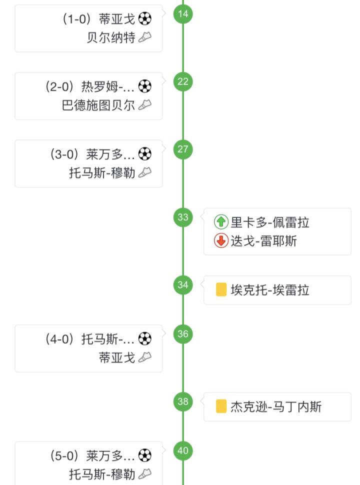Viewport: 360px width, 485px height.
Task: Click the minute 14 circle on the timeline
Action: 183,13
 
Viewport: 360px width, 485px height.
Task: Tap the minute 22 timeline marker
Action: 183,81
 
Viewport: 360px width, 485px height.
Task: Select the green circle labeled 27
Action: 183,149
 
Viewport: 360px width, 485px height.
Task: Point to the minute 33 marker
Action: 183,217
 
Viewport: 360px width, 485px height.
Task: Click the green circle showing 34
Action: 183,285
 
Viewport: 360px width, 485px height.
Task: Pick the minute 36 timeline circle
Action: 183,334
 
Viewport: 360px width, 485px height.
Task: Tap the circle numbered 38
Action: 183,401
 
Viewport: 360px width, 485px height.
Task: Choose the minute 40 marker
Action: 183,451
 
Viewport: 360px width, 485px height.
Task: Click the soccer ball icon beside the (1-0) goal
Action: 144,19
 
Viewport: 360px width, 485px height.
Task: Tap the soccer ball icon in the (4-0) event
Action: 144,339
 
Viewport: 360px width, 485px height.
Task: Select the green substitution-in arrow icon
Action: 221,222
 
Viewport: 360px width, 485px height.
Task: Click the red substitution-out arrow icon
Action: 221,241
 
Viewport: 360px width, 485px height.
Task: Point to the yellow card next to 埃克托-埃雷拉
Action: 221,290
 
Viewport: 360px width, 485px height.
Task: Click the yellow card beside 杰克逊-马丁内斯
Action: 221,406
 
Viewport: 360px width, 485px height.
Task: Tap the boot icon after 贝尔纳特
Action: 144,37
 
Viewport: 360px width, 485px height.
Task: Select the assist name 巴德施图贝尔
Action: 98,105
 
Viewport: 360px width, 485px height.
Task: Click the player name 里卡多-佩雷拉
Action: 270,222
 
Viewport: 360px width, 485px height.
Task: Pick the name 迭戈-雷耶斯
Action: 263,241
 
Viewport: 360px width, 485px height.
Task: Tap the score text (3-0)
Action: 65,154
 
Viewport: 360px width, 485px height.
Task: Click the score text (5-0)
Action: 65,456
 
